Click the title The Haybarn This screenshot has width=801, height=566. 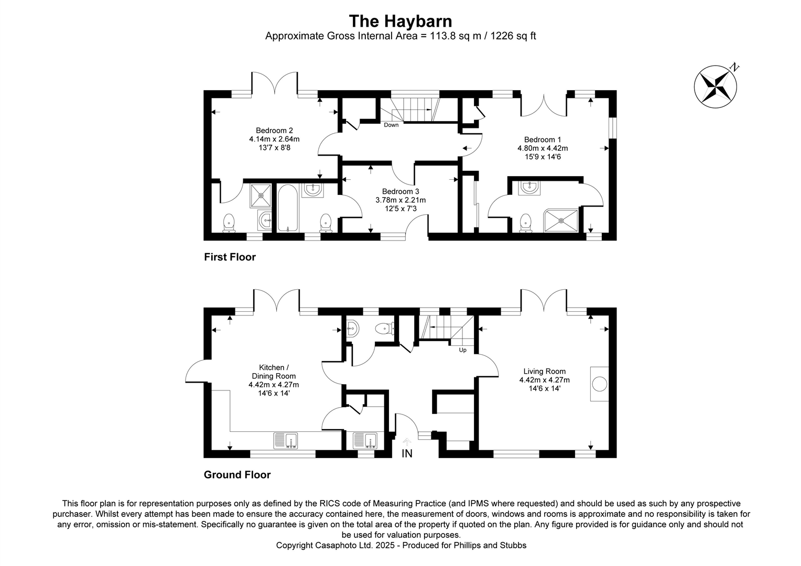coord(400,21)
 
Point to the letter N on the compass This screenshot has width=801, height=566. coord(735,67)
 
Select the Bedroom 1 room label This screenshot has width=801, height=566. coord(543,139)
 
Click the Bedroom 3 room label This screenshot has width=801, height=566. coord(400,191)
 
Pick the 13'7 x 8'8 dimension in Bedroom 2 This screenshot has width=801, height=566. coord(274,148)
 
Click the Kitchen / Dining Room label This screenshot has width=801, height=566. coord(274,372)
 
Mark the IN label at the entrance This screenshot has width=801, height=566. coord(407,454)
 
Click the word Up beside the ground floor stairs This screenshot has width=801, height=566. coord(462,350)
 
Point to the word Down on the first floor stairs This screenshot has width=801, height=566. coord(391,125)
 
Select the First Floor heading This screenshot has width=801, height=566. coord(230,257)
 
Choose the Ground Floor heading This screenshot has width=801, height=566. coord(237,475)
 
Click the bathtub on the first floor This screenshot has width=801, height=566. coord(287,208)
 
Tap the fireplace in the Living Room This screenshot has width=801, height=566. coord(599,384)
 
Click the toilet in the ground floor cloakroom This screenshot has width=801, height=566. coord(384,329)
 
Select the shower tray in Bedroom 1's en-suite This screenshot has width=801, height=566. coord(562,220)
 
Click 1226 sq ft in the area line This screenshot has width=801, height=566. coord(513,36)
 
